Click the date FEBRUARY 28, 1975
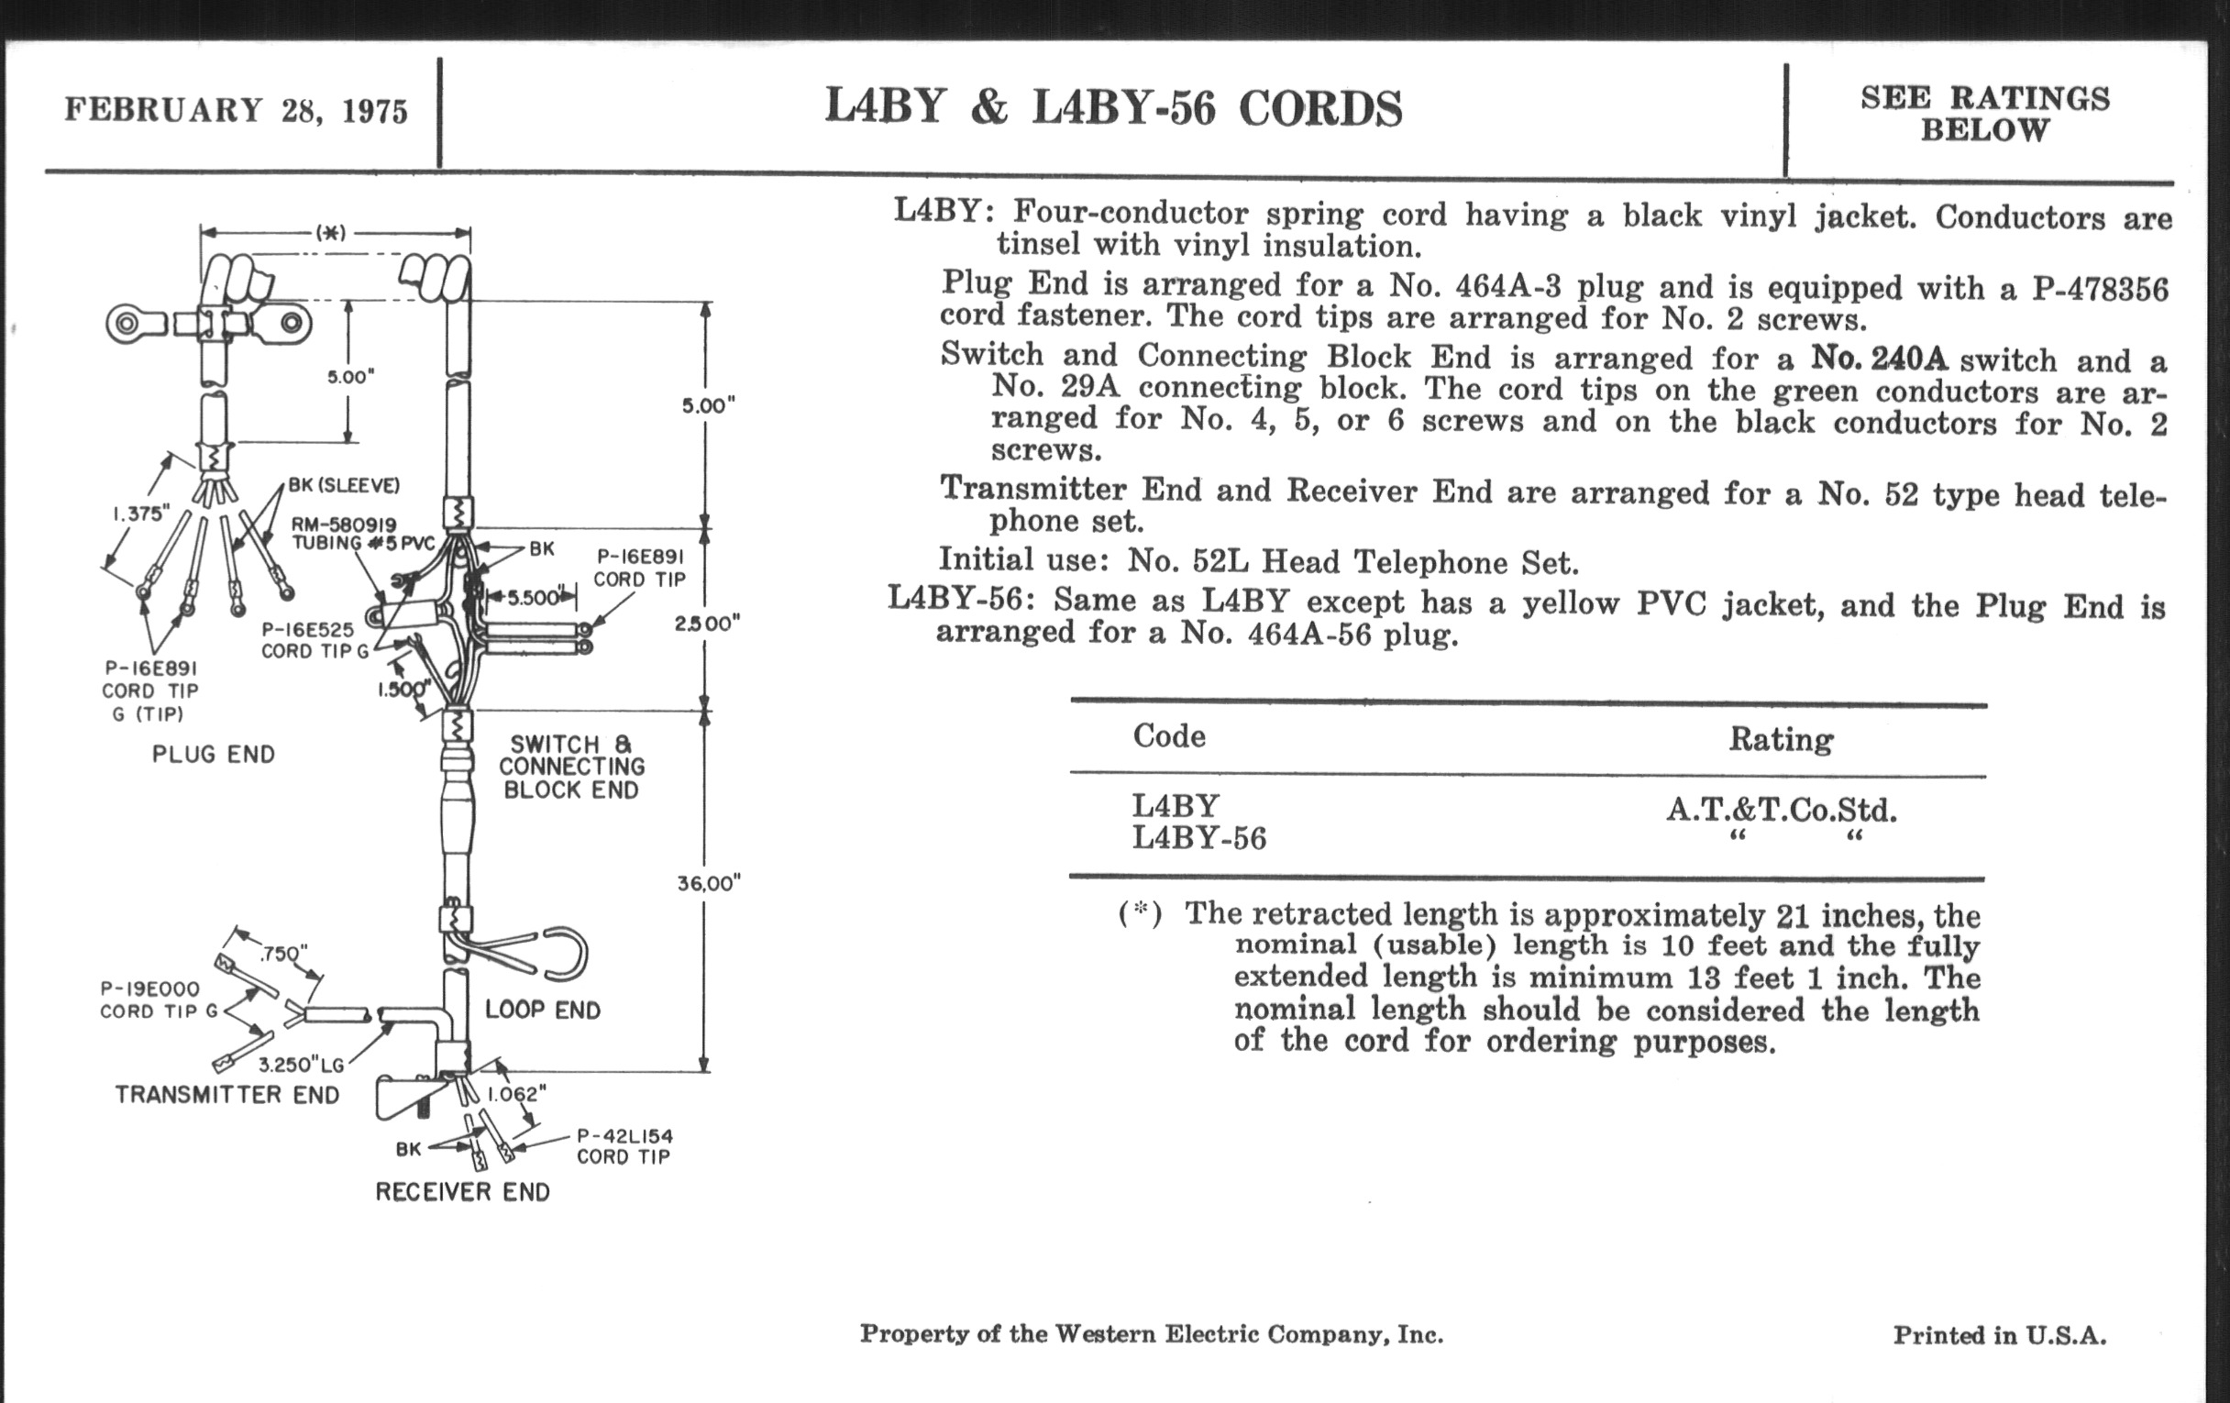[x=237, y=110]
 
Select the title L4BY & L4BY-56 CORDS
[x=1113, y=107]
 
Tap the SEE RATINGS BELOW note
[x=1984, y=113]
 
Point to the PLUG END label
[x=214, y=754]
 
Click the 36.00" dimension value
[x=709, y=882]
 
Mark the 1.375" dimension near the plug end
[x=141, y=513]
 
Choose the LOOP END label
[x=543, y=1010]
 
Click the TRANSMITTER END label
[x=226, y=1095]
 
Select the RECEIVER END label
[x=462, y=1192]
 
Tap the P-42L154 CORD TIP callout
[x=624, y=1145]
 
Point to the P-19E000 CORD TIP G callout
[x=159, y=1000]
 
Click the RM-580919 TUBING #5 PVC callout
[x=362, y=534]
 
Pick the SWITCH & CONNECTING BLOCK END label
[x=571, y=767]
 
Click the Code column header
[x=1169, y=736]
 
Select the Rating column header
[x=1780, y=739]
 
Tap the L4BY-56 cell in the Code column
[x=1198, y=838]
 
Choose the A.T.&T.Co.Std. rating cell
[x=1781, y=810]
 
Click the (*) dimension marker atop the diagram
[x=331, y=232]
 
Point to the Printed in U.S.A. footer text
[x=2000, y=1334]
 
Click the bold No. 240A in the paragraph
[x=1879, y=358]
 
